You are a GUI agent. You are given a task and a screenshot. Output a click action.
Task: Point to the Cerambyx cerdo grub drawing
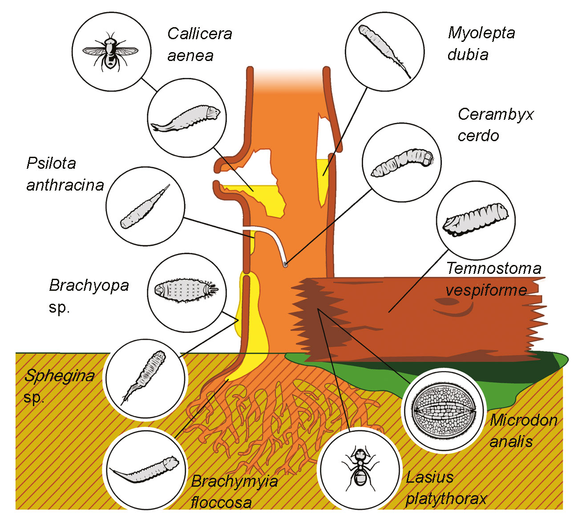point(402,163)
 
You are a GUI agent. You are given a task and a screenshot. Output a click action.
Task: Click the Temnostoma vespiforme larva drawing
point(475,218)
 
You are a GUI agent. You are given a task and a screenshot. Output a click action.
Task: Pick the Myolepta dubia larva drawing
point(384,49)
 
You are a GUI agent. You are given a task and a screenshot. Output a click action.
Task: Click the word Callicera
point(199,34)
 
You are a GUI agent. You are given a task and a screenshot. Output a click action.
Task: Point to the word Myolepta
point(481,33)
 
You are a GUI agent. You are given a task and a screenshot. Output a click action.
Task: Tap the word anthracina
point(65,185)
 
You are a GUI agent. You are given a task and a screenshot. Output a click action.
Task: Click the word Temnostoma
point(493,268)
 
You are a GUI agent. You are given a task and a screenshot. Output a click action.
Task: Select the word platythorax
point(446,499)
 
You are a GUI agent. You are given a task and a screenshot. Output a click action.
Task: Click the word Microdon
point(523,420)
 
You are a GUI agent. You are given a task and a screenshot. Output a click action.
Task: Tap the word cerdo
point(478,135)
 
